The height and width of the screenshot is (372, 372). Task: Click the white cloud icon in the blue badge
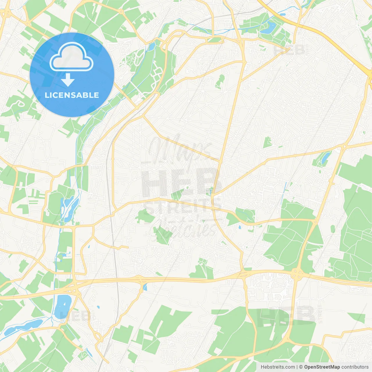71,57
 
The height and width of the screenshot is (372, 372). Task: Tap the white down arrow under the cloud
68,80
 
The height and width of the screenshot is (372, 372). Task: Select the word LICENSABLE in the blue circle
72,95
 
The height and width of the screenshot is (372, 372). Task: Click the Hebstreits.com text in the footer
278,367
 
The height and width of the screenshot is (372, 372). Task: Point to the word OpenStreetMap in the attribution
322,367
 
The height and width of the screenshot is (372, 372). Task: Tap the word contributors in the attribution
355,367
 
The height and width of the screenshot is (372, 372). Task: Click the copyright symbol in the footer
301,367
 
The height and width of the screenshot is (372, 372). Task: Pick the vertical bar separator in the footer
297,367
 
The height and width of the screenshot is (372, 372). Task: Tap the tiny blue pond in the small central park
210,191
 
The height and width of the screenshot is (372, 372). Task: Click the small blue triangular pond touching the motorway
145,288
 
